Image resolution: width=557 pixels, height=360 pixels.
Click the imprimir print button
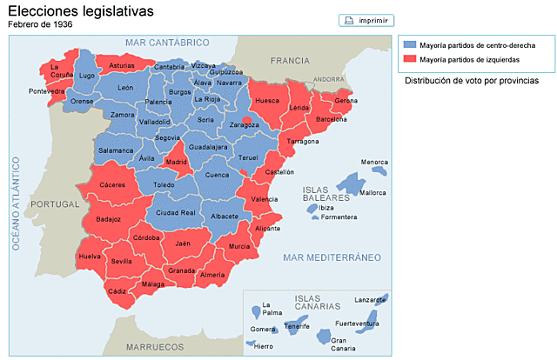click(366, 20)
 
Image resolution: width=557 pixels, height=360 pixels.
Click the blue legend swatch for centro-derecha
click(410, 44)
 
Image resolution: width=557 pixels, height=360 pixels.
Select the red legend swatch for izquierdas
click(410, 60)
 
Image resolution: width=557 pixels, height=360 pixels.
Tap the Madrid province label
click(177, 162)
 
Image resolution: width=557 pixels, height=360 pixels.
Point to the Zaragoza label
click(244, 124)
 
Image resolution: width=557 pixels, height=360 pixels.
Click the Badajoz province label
click(109, 219)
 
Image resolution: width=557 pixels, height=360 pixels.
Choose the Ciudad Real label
click(175, 212)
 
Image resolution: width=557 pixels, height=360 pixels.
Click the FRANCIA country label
click(289, 60)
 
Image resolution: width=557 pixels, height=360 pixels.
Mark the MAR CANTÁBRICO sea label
click(168, 42)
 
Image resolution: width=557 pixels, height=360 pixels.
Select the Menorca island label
click(374, 162)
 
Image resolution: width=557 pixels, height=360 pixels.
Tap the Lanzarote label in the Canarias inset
click(370, 300)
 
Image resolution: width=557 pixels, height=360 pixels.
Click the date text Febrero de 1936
click(40, 24)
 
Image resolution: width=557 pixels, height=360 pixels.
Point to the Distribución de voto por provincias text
click(471, 80)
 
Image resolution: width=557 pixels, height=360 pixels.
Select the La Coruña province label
click(61, 70)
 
